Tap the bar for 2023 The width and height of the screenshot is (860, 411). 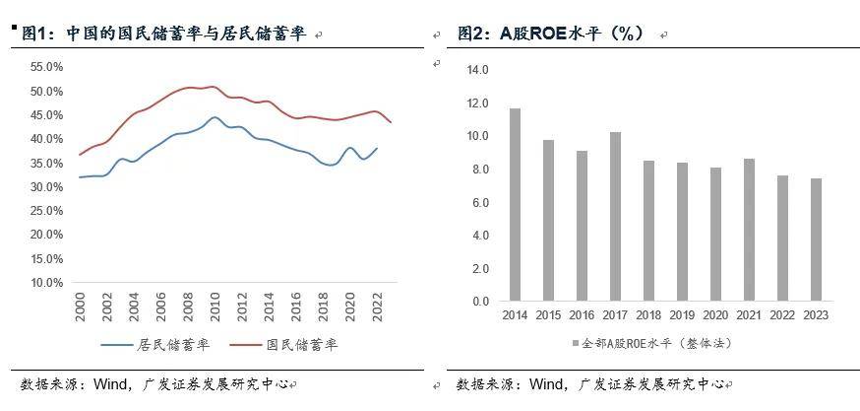816,240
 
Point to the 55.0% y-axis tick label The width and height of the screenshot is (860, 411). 47,67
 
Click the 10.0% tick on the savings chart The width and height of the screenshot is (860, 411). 47,282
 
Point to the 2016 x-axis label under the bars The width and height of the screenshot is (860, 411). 582,315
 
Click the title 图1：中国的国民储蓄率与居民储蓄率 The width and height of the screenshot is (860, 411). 163,34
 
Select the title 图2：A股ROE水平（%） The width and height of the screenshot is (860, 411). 550,34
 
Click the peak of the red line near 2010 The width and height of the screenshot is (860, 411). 213,87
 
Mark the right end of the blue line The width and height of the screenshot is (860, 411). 377,149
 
